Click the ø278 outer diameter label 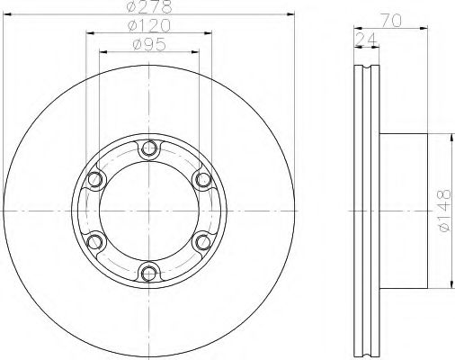click(x=148, y=7)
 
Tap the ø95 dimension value click(x=148, y=43)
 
